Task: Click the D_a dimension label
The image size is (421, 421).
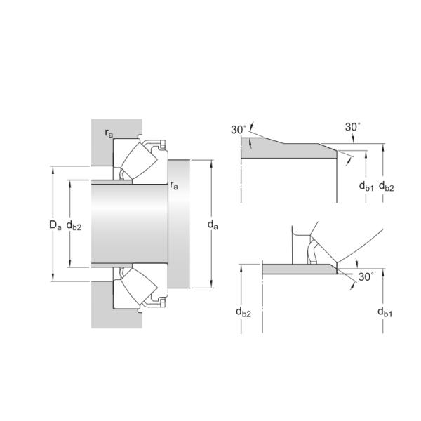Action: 55,225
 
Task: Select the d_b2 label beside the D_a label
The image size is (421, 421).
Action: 74,225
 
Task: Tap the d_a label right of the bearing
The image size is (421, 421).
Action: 213,225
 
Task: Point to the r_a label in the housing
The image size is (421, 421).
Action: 109,133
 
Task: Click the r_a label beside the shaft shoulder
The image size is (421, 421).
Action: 174,185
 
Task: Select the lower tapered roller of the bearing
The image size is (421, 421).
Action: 139,287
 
